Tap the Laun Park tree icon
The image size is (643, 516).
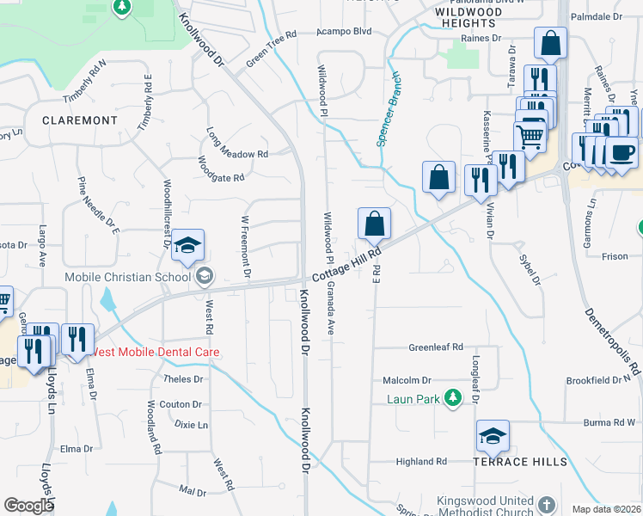[x=450, y=398]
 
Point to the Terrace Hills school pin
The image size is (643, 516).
[x=493, y=439]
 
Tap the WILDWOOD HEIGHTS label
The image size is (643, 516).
[x=468, y=17]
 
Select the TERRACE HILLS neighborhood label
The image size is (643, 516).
[x=520, y=462]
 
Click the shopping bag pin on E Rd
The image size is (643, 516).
[x=374, y=225]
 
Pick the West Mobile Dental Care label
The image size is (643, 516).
[x=155, y=353]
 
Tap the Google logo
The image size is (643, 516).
[x=28, y=506]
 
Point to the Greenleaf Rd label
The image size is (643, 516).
[x=435, y=347]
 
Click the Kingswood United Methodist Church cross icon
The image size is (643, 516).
[x=548, y=502]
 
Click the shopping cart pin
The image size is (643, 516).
[x=530, y=135]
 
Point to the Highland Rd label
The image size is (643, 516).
[x=421, y=462]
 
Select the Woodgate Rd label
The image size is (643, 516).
[x=222, y=169]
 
